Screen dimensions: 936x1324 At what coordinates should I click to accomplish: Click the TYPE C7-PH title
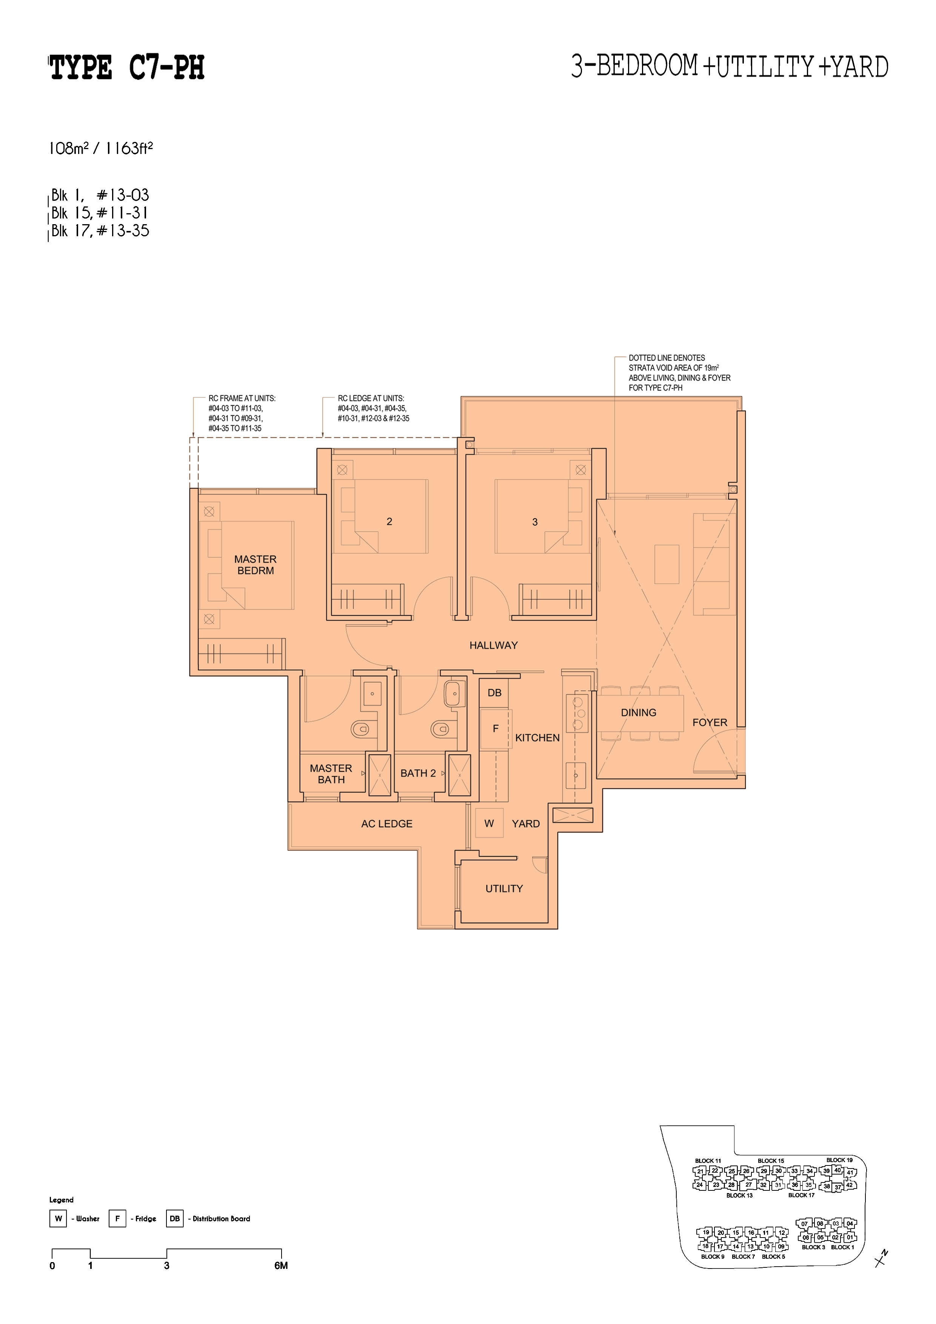pos(127,68)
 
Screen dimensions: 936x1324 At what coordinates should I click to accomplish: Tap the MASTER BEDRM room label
pos(256,565)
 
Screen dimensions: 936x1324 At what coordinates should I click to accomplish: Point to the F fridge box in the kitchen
pos(495,729)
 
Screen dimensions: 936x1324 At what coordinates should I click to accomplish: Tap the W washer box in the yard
pos(489,824)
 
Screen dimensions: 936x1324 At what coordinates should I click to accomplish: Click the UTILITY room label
pos(504,888)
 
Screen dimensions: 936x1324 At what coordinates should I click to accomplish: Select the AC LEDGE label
pos(386,824)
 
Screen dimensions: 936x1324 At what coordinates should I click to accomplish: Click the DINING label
pos(639,712)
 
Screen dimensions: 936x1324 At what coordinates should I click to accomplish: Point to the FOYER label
pos(710,722)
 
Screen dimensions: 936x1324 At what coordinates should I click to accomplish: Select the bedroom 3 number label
pos(534,522)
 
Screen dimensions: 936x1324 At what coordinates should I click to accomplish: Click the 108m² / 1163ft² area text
pos(101,148)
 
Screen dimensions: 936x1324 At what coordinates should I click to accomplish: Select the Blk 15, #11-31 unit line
pos(100,213)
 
